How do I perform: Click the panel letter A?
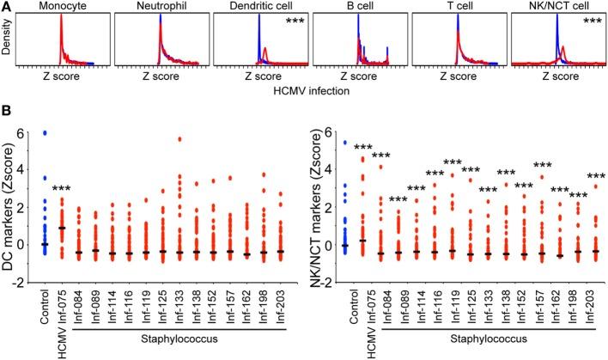(x=7, y=7)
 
